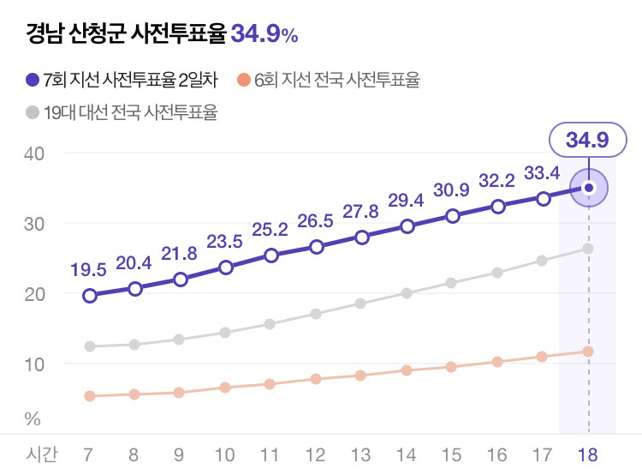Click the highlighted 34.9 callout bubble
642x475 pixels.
coord(586,141)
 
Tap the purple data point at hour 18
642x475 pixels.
coord(588,187)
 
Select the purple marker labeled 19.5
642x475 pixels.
coord(90,296)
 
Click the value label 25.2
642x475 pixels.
coord(270,230)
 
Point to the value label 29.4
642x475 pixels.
coord(407,201)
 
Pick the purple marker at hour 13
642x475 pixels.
coord(362,237)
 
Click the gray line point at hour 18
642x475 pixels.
coord(588,249)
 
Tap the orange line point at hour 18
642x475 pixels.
coord(588,352)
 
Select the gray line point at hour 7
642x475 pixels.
coord(90,346)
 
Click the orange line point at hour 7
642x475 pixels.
coord(90,396)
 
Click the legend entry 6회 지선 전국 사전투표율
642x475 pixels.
coord(329,81)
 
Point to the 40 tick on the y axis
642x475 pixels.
coord(34,153)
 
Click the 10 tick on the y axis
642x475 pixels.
coord(34,364)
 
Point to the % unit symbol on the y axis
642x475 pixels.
coord(33,419)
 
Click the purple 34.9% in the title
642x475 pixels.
coord(265,34)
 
